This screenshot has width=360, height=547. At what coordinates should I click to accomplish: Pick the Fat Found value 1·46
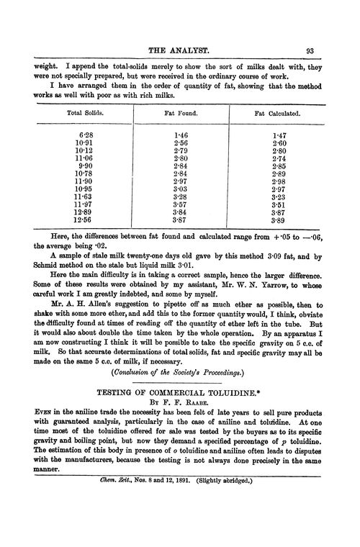181,135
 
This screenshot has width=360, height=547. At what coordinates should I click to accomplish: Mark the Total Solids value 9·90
85,170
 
